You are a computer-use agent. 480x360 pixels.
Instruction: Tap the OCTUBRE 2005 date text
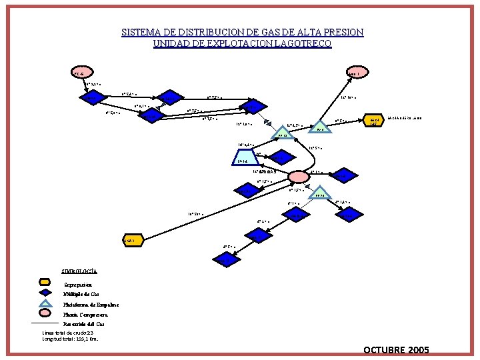[x=397, y=350]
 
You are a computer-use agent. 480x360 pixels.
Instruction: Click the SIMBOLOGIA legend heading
[x=79, y=271]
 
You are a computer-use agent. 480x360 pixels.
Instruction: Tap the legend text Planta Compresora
[x=85, y=313]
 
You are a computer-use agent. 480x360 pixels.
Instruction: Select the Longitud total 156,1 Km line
[x=70, y=339]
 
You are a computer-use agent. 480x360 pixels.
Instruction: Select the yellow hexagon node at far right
[x=373, y=121]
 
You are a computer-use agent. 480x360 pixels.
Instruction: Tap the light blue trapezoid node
[x=242, y=161]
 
